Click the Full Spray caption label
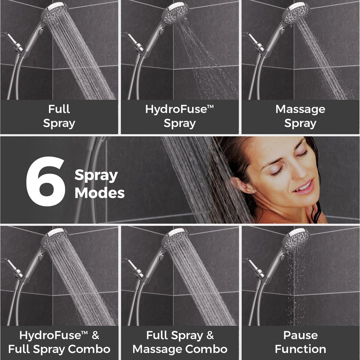tap(59, 117)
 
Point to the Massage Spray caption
tap(301, 117)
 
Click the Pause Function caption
tap(301, 342)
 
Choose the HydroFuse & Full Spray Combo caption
tap(59, 342)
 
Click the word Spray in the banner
tap(96, 176)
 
